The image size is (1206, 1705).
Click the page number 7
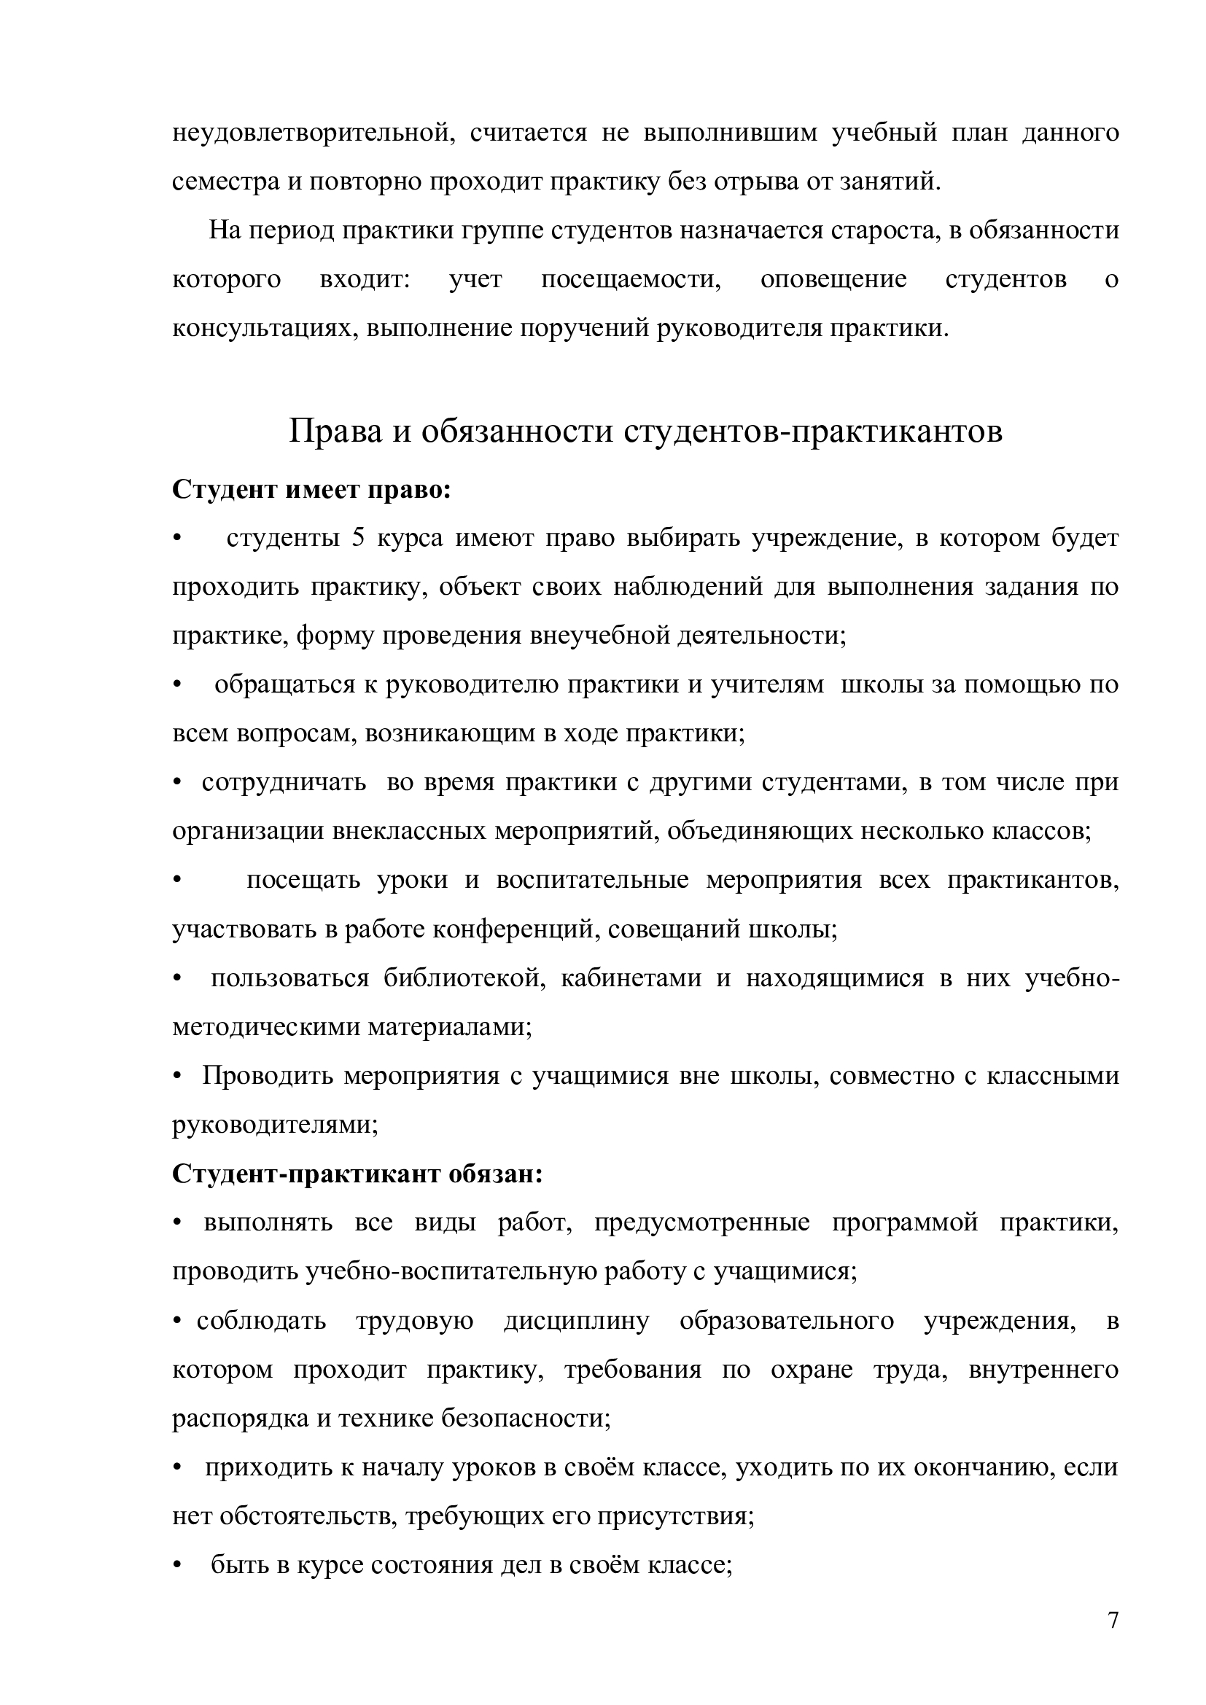[x=1113, y=1620]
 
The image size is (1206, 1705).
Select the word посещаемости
[x=631, y=280]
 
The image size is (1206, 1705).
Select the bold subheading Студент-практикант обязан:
[x=357, y=1174]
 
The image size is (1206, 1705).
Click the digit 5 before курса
[x=358, y=538]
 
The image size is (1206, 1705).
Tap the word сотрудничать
[x=284, y=783]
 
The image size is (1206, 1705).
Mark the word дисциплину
[x=576, y=1321]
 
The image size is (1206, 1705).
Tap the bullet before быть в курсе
[x=176, y=1565]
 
